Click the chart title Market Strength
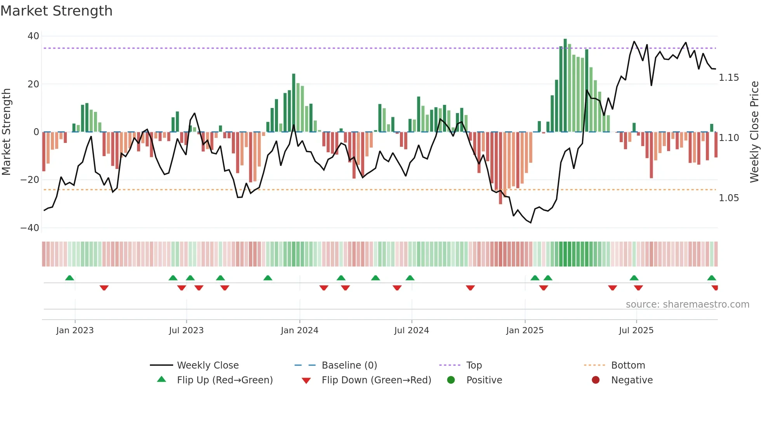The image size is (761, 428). tap(56, 11)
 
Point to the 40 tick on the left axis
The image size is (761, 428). tap(33, 36)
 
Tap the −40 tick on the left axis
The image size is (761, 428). tap(30, 228)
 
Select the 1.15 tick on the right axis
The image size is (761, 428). tap(729, 78)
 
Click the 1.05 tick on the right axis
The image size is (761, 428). tap(729, 198)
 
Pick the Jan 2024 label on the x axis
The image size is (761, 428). tap(299, 331)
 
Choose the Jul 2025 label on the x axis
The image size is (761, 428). tap(636, 331)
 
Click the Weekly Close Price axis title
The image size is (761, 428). tap(754, 132)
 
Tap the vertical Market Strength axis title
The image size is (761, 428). tap(6, 132)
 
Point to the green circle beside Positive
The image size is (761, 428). tap(451, 380)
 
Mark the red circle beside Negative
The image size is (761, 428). tap(596, 380)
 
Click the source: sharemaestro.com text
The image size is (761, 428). tap(687, 304)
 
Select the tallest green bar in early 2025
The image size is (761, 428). tap(565, 85)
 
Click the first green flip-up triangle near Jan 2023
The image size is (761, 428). tap(69, 278)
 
